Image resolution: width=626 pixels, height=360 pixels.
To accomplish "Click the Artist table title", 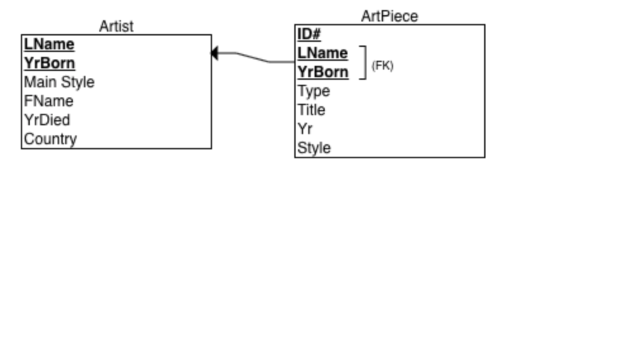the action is [x=116, y=27].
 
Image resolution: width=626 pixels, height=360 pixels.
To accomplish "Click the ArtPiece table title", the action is [x=390, y=16].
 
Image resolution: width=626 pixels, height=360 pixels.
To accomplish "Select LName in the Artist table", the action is [x=49, y=44].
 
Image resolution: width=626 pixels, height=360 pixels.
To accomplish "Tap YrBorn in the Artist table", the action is [x=49, y=63].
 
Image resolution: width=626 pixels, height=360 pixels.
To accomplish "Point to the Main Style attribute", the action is [x=59, y=82].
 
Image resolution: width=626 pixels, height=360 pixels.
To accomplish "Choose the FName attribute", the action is [x=49, y=101].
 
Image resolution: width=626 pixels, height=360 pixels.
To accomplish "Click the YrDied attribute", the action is [x=47, y=120].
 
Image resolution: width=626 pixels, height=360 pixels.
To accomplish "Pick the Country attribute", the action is [x=50, y=139].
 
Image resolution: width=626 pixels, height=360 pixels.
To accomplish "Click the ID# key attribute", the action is [x=309, y=34].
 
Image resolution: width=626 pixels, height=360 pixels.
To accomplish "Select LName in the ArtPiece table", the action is [x=323, y=53].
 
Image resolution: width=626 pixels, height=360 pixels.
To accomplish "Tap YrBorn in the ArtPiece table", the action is [x=323, y=72].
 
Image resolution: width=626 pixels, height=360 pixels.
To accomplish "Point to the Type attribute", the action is [x=314, y=91].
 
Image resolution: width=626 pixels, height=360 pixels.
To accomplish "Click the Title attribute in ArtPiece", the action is [x=311, y=109].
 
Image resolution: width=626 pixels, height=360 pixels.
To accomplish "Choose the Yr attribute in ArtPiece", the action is [x=305, y=129].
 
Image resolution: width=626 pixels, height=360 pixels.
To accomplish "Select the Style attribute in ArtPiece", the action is [x=314, y=148].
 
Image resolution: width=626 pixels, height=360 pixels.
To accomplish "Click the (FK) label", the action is [x=382, y=65].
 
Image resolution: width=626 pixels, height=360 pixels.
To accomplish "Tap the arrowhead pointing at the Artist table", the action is [x=215, y=53].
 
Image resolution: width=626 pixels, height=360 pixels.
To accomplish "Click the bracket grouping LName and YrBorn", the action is [x=365, y=63].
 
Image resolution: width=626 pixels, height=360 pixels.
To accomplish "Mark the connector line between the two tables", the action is [x=253, y=58].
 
